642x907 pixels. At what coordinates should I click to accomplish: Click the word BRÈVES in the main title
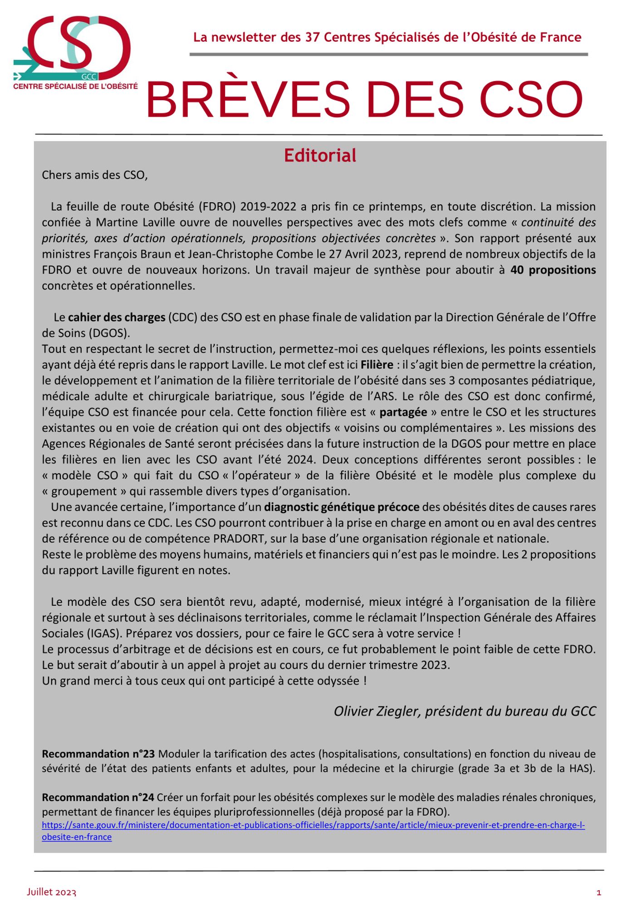point(248,100)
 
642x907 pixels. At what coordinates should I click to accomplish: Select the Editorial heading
point(320,156)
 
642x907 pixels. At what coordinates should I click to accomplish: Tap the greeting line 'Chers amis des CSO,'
point(95,175)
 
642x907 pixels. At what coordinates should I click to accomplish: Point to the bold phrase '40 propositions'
point(553,270)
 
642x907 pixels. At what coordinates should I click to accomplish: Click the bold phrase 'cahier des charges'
point(117,317)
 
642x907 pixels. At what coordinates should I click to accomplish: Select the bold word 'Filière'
point(377,365)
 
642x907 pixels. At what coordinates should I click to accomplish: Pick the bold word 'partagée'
point(403,412)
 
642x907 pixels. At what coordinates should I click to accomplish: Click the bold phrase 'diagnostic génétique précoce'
point(342,507)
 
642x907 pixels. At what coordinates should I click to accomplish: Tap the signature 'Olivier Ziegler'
point(377,711)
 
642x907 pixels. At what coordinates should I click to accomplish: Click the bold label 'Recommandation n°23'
point(98,754)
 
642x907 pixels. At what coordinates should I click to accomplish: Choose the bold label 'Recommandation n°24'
point(98,797)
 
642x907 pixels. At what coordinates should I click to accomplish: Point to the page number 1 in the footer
point(598,892)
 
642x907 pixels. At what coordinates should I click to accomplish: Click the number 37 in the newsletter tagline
point(312,37)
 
